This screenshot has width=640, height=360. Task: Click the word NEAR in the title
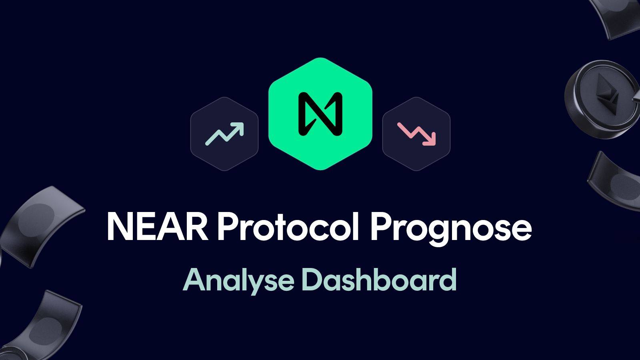(x=157, y=226)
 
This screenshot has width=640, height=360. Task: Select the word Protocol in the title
(x=288, y=226)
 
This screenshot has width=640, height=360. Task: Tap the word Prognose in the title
(x=451, y=228)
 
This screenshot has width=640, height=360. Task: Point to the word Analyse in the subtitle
(x=238, y=280)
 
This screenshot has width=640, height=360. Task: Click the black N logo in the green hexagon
(x=320, y=114)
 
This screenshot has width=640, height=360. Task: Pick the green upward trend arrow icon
(x=224, y=134)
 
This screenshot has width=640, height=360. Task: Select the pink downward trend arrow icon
(x=416, y=134)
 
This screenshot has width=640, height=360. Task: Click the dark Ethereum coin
(x=600, y=100)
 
